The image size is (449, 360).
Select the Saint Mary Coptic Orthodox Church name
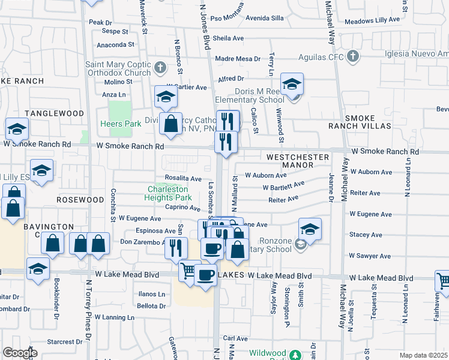coord(118,69)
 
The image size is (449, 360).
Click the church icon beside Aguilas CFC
coord(353,57)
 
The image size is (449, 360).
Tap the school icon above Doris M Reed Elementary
coord(292,85)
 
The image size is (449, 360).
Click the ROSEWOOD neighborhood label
coord(80,199)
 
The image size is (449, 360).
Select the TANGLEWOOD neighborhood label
coord(54,113)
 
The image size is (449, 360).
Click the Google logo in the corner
coord(20,353)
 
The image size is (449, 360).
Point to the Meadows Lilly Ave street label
coord(372,20)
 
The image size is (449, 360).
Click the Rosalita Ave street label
coord(183,178)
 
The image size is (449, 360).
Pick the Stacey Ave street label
coord(366,235)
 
